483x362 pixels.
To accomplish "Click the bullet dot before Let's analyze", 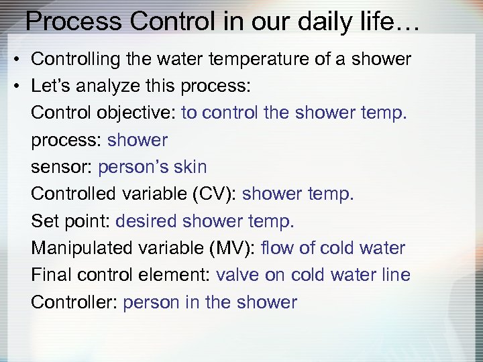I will [15, 86].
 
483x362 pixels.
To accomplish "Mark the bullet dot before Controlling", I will [15, 59].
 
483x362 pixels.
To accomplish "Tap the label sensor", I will [61, 167].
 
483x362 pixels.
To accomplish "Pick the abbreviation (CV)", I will [211, 194].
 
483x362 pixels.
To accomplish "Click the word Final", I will [51, 275].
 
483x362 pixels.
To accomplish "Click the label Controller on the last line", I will [74, 302].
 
